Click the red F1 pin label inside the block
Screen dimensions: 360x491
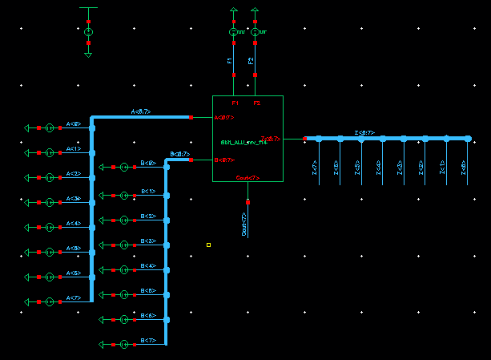[235, 103]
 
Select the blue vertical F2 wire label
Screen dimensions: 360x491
[251, 61]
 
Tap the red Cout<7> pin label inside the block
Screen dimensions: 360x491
[248, 177]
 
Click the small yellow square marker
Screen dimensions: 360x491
[208, 245]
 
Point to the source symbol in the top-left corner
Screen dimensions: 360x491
[89, 31]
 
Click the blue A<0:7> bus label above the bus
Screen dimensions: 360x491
[141, 111]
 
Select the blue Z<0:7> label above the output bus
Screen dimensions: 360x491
[364, 132]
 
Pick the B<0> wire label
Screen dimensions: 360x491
[148, 163]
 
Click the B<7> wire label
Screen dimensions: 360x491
[148, 341]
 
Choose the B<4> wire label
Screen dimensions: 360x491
[148, 265]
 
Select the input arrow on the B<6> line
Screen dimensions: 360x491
[102, 319]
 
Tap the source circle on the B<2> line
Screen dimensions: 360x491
[124, 220]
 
